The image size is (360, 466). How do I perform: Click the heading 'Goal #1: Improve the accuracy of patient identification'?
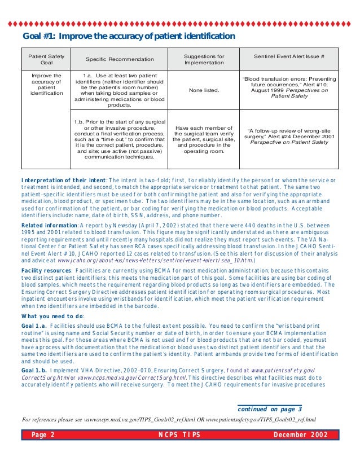128,37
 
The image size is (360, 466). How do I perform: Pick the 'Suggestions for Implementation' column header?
204,59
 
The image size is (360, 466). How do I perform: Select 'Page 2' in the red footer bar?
43,435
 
